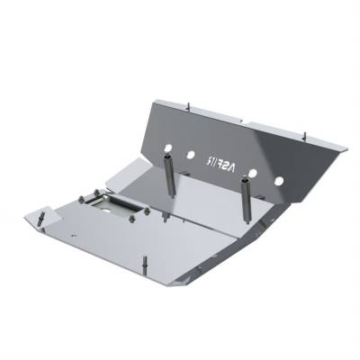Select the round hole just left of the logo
(x=191, y=155)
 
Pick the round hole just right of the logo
(x=253, y=172)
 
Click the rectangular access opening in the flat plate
(x=115, y=206)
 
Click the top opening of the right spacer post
(x=245, y=180)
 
